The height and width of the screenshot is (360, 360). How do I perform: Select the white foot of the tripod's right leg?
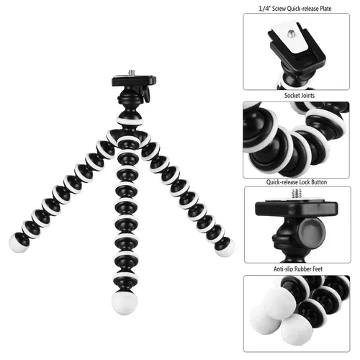coord(225,248)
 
